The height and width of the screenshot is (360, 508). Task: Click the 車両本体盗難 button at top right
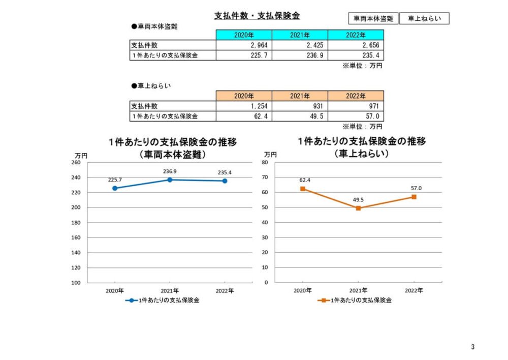373,18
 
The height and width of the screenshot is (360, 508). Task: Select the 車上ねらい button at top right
424,18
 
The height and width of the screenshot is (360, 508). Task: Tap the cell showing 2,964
244,45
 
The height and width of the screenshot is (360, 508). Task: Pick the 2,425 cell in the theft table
300,45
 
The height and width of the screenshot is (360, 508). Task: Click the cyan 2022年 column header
356,35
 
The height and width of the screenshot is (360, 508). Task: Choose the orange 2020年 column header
244,96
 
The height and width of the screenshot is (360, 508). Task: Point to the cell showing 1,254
244,106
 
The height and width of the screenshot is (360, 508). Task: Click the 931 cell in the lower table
300,106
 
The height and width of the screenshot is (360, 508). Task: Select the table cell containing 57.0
356,116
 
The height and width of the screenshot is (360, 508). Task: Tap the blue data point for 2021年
170,180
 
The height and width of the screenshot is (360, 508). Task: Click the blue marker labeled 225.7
115,188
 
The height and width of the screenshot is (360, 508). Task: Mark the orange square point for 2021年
358,208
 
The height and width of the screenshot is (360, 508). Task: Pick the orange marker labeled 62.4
303,189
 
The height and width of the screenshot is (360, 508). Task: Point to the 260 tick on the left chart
76,163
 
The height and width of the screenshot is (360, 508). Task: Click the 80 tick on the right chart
265,163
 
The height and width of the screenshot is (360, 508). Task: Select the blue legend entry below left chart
163,301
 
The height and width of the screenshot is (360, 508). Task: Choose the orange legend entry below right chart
355,301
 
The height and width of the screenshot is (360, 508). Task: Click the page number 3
472,347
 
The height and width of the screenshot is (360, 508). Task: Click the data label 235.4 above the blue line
225,172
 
